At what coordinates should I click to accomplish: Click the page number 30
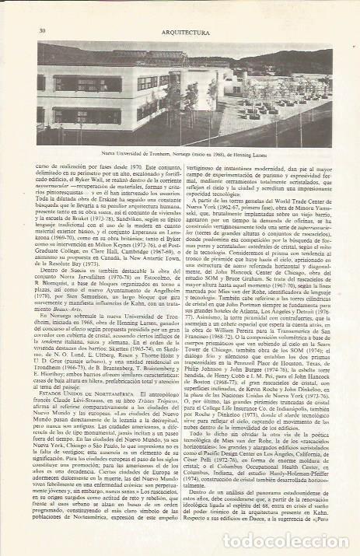[x=39, y=9]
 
